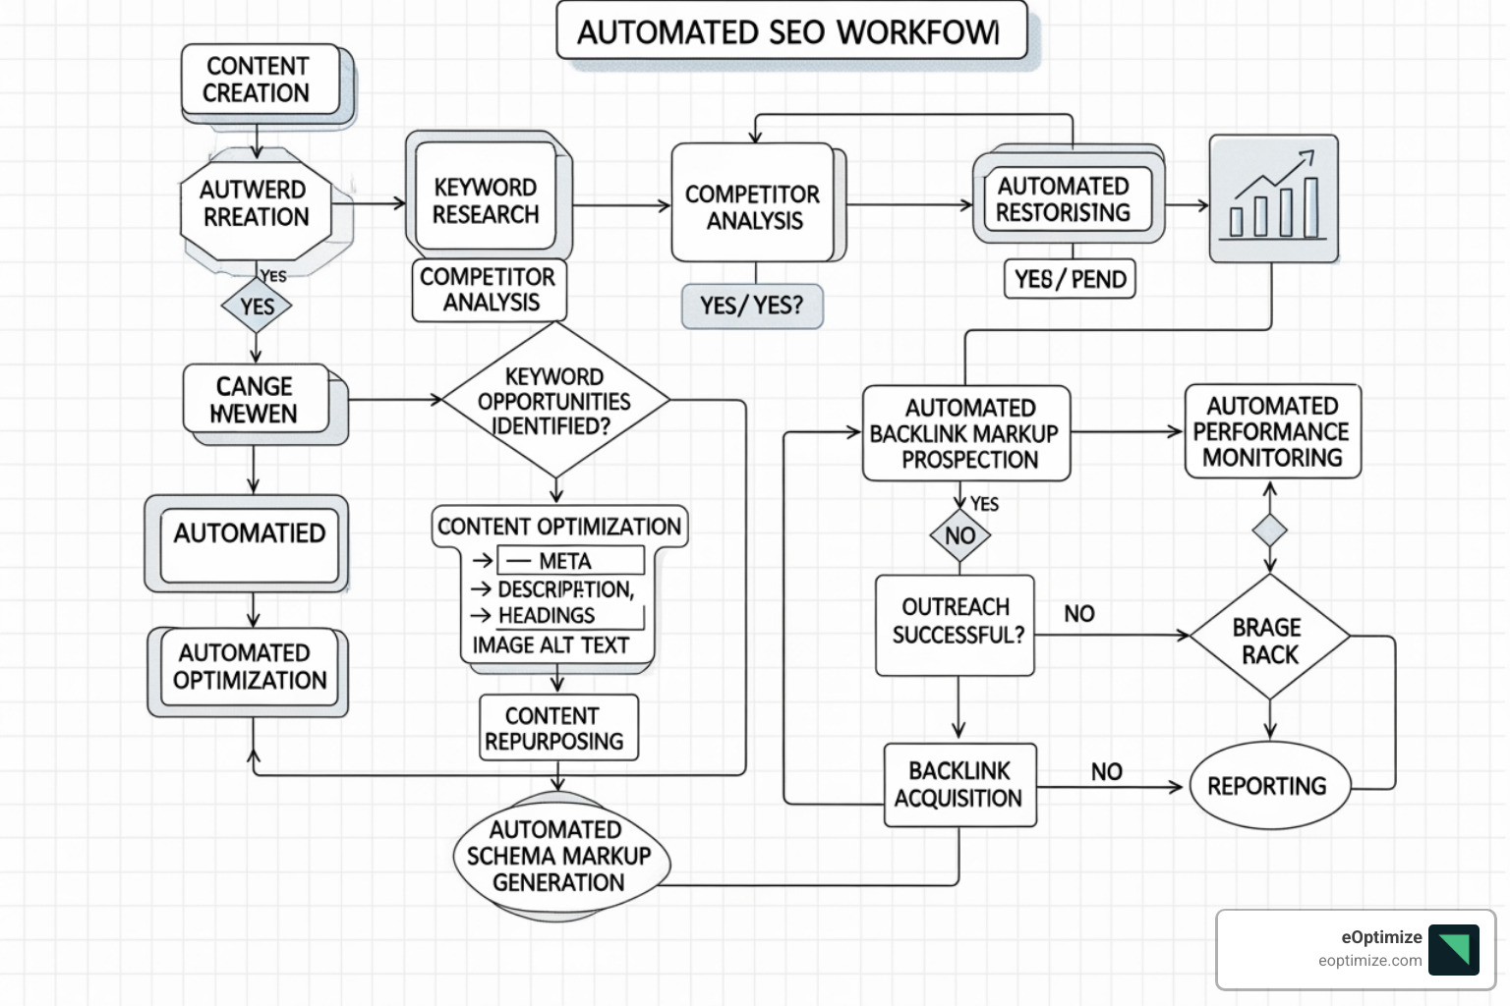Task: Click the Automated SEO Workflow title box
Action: coord(791,32)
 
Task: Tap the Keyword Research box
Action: coord(486,200)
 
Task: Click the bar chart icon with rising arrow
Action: coord(1273,199)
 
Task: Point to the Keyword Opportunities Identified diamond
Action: coord(555,401)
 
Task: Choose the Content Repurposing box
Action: coord(557,728)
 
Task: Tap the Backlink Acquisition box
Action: coord(959,784)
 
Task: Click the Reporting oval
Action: coord(1269,786)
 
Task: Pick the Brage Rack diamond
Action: coord(1269,640)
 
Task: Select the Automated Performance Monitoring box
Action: coord(1272,432)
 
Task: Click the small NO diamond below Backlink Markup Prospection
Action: coord(959,535)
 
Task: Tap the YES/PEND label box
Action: coord(1070,280)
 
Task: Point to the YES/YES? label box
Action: coord(752,307)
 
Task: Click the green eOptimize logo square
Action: coord(1453,949)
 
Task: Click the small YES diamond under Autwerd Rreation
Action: coord(257,307)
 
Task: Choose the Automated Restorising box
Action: coord(1066,200)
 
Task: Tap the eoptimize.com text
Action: coord(1369,961)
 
